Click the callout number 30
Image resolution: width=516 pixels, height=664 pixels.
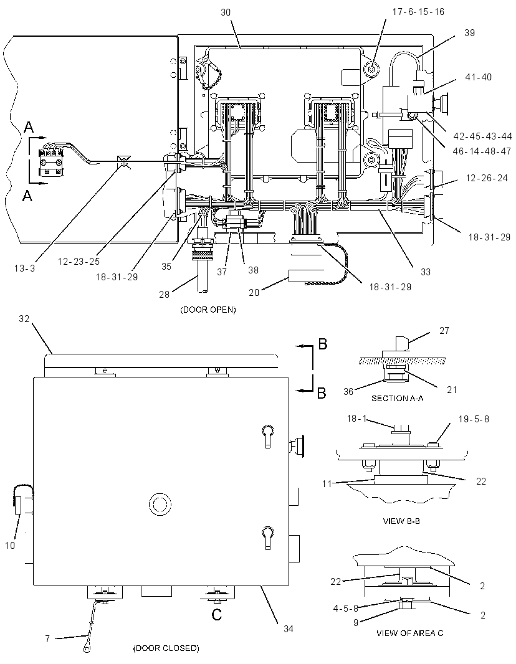[x=226, y=12]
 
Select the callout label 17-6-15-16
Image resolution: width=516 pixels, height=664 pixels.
[x=418, y=12]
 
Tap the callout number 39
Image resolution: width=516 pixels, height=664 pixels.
[x=469, y=33]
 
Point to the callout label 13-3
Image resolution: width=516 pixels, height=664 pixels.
[x=24, y=268]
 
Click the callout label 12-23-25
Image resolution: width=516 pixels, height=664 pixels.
[x=79, y=262]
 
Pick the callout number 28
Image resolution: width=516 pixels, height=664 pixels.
[x=165, y=294]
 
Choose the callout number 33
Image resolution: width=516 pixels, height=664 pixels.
[x=426, y=272]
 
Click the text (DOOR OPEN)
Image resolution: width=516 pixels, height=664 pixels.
[x=208, y=310]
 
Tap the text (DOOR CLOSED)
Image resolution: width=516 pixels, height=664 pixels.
[x=166, y=648]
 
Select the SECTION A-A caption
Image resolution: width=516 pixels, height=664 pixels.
[x=398, y=398]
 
